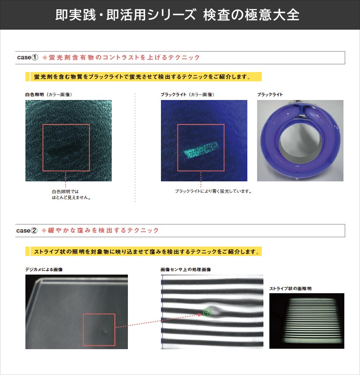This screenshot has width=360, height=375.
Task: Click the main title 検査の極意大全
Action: pos(251,15)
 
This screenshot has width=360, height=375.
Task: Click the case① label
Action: pos(28,57)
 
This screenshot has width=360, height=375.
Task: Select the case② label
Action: pos(27,231)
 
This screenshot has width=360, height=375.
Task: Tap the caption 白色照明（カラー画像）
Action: pos(49,94)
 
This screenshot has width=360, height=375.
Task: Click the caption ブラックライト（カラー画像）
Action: pos(187,94)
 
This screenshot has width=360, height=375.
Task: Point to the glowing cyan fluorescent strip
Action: pos(201,150)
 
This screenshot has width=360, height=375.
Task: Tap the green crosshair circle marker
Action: pos(207,312)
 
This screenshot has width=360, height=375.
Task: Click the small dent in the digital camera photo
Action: pos(105,331)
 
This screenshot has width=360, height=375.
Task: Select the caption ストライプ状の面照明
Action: pos(291,289)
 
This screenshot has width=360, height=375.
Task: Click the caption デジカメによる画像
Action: pos(44,269)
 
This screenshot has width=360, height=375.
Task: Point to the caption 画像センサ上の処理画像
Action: pos(186,269)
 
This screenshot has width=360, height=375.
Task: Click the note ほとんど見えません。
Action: pos(72,197)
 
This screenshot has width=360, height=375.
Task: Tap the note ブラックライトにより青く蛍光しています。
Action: pos(213,192)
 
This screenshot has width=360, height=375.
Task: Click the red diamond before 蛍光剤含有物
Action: pos(45,57)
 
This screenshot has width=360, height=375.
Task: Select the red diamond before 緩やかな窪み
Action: pos(44,231)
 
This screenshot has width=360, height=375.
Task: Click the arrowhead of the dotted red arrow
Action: pos(200,315)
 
